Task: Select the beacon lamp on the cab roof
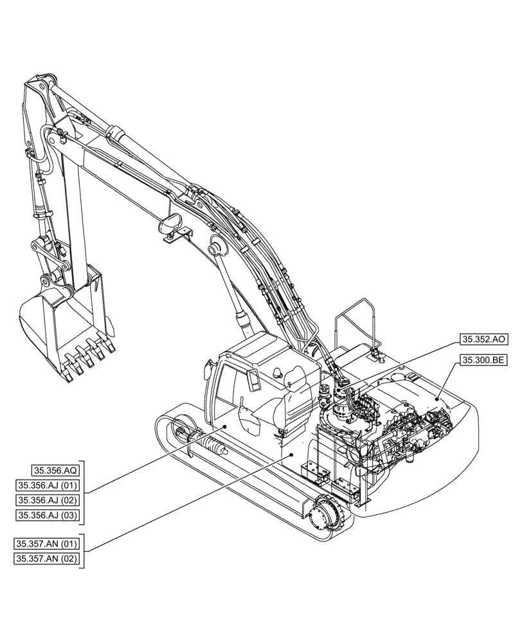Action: click(278, 372)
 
